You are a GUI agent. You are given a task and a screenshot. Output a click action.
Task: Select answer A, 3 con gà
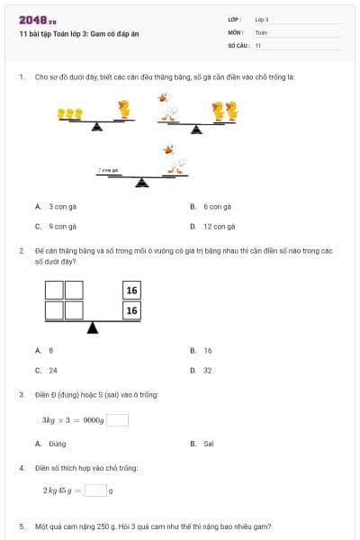[x=62, y=207]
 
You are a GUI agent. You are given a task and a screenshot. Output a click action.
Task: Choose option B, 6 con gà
[x=217, y=207]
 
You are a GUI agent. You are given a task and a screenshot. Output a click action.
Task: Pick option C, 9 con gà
[x=62, y=227]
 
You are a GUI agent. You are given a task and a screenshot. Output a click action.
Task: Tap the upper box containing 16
[x=132, y=290]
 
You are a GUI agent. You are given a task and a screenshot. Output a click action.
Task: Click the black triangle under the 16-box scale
[x=92, y=327]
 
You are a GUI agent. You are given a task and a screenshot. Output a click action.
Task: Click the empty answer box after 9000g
[x=118, y=419]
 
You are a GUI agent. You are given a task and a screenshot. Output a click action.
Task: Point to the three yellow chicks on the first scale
[x=69, y=114]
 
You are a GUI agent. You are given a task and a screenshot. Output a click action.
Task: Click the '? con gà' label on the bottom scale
[x=109, y=169]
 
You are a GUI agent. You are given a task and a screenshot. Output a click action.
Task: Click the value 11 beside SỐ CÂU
[x=258, y=44]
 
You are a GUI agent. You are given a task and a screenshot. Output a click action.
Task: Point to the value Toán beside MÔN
[x=261, y=31]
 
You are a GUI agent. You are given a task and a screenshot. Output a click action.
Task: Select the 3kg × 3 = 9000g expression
[x=73, y=420]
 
